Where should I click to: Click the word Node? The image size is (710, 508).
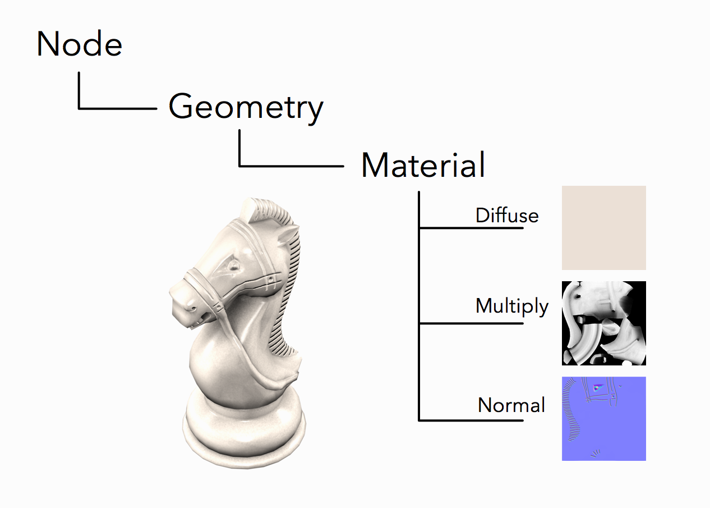pos(79,44)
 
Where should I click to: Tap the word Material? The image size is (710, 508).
pos(423,164)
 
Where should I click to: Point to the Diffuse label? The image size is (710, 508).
pos(507,216)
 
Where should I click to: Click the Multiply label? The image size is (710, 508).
pos(512,306)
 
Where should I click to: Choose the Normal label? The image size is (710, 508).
pos(511,405)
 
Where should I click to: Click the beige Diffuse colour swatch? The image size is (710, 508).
pos(604,228)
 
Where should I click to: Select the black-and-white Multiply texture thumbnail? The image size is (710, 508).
pos(604,323)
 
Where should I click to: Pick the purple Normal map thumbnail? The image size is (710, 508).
pos(604,419)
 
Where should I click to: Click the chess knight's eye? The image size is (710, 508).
pos(234,266)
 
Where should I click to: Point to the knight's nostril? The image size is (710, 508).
pos(192,308)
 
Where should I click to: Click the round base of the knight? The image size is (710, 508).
pos(244,434)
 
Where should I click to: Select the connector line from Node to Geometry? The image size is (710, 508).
pos(79,108)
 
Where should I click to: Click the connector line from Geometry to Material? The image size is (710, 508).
pos(239,166)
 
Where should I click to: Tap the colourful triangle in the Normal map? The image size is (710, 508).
pos(598,387)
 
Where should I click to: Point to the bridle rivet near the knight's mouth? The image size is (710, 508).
pos(219,307)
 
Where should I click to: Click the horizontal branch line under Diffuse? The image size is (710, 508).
pos(471,228)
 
